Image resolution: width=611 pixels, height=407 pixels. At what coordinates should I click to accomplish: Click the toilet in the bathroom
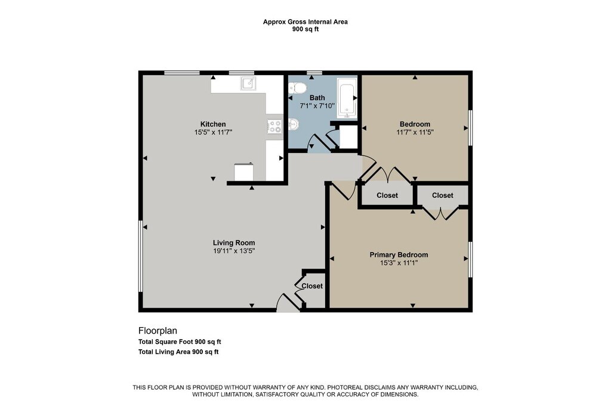297,88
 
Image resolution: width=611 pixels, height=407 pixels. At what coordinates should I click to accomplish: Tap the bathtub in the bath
347,98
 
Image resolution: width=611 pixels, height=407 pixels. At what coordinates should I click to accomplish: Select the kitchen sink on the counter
248,83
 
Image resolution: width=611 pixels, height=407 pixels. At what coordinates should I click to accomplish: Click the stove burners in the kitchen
274,126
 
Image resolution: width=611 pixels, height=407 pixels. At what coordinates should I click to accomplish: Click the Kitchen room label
213,124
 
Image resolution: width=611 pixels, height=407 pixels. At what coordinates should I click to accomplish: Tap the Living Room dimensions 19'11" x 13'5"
234,251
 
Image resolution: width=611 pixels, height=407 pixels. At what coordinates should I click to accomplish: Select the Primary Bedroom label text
399,255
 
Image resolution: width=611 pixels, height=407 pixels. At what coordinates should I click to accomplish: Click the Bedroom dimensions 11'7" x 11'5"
415,132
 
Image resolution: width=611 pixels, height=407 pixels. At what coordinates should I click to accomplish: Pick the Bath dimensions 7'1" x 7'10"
317,106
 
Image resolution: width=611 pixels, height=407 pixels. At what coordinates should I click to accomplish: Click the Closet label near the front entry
312,286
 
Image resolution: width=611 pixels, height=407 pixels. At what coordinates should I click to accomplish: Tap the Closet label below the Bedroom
387,195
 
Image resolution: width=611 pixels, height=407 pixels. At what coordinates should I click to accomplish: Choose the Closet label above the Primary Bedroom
443,195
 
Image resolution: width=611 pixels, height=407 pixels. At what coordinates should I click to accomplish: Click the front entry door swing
288,303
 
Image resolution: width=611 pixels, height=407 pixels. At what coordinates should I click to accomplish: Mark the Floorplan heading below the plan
158,331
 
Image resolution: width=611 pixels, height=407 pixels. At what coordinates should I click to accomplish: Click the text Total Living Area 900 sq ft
178,352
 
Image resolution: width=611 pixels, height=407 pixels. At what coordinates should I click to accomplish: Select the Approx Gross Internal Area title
305,22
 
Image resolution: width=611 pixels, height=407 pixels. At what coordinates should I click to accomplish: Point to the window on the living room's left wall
141,256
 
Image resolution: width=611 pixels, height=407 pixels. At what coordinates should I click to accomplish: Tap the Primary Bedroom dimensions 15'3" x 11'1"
399,263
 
